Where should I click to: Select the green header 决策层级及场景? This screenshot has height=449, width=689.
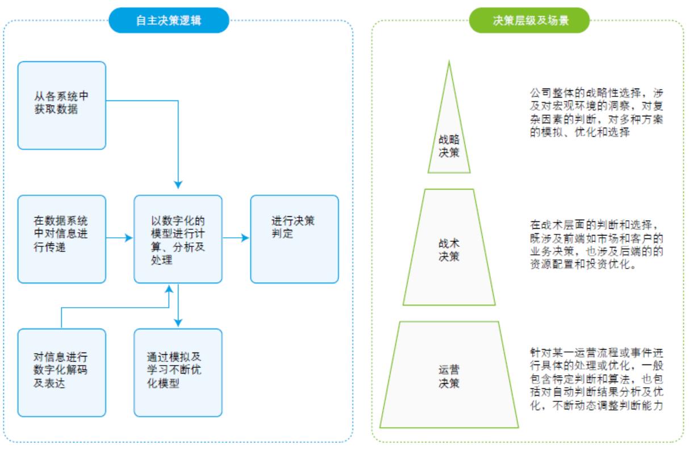tap(529, 20)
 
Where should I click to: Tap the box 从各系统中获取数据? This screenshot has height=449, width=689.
tap(61, 105)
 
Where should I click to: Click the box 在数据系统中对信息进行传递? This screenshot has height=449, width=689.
tap(61, 238)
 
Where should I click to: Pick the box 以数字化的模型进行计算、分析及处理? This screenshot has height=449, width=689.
tap(178, 238)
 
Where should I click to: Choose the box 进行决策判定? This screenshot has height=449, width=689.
tap(294, 238)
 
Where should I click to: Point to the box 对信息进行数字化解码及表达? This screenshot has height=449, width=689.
tap(61, 372)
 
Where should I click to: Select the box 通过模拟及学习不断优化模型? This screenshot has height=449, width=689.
tap(178, 372)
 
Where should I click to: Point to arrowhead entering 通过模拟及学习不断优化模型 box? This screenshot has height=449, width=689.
tap(178, 322)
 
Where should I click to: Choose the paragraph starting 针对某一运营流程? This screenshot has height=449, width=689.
tap(595, 379)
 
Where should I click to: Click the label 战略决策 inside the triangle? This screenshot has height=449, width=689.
tap(449, 145)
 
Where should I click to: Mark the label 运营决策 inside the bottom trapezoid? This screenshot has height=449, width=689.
tap(449, 376)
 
